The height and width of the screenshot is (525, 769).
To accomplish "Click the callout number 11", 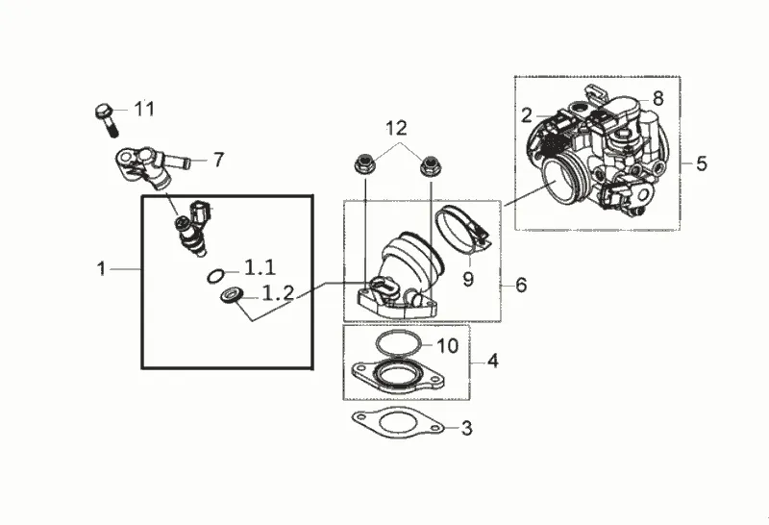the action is tap(144, 109).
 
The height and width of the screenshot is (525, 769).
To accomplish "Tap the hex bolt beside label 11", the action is tap(107, 119).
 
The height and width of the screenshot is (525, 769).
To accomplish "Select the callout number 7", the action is tap(218, 160).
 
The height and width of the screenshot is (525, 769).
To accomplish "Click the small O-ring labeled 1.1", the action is tap(215, 276).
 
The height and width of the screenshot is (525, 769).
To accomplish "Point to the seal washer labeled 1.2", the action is tap(232, 295).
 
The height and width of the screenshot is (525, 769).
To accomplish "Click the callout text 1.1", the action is tap(260, 268).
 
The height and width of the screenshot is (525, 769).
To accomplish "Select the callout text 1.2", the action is tap(278, 293).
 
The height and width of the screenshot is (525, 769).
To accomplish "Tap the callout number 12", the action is tap(396, 129).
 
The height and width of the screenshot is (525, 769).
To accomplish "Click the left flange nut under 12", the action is tap(365, 163).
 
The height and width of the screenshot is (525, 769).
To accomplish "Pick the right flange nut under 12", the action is tap(431, 164).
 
